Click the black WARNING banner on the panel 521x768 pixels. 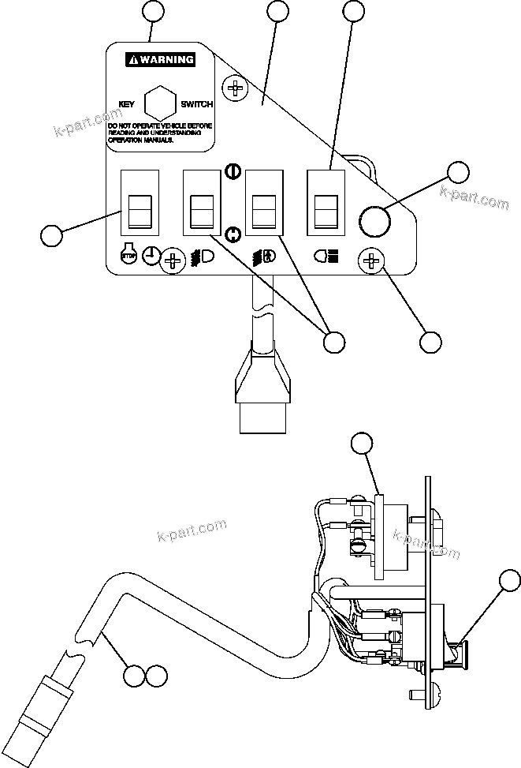point(162,59)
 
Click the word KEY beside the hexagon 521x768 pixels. point(127,103)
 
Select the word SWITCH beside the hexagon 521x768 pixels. point(196,103)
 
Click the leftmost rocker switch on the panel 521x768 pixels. point(139,204)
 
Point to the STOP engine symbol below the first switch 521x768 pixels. point(128,257)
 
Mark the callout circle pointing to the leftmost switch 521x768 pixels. point(51,235)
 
